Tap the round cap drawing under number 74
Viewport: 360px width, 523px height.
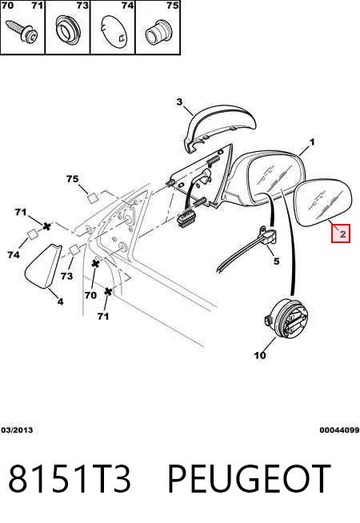[114, 32]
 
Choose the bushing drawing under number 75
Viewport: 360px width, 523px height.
[158, 33]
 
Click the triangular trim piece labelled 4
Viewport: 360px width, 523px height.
[43, 266]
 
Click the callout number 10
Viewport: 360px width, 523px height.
[260, 355]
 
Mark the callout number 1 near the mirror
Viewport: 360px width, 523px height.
[312, 142]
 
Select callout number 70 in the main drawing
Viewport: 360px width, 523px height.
[90, 295]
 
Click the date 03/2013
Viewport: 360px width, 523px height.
[18, 430]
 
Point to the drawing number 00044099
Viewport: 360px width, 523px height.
[339, 430]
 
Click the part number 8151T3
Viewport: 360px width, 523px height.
[70, 478]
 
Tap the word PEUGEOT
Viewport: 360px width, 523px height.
[249, 478]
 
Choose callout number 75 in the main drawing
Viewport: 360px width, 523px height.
[73, 179]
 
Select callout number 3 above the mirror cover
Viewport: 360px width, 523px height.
[179, 102]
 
